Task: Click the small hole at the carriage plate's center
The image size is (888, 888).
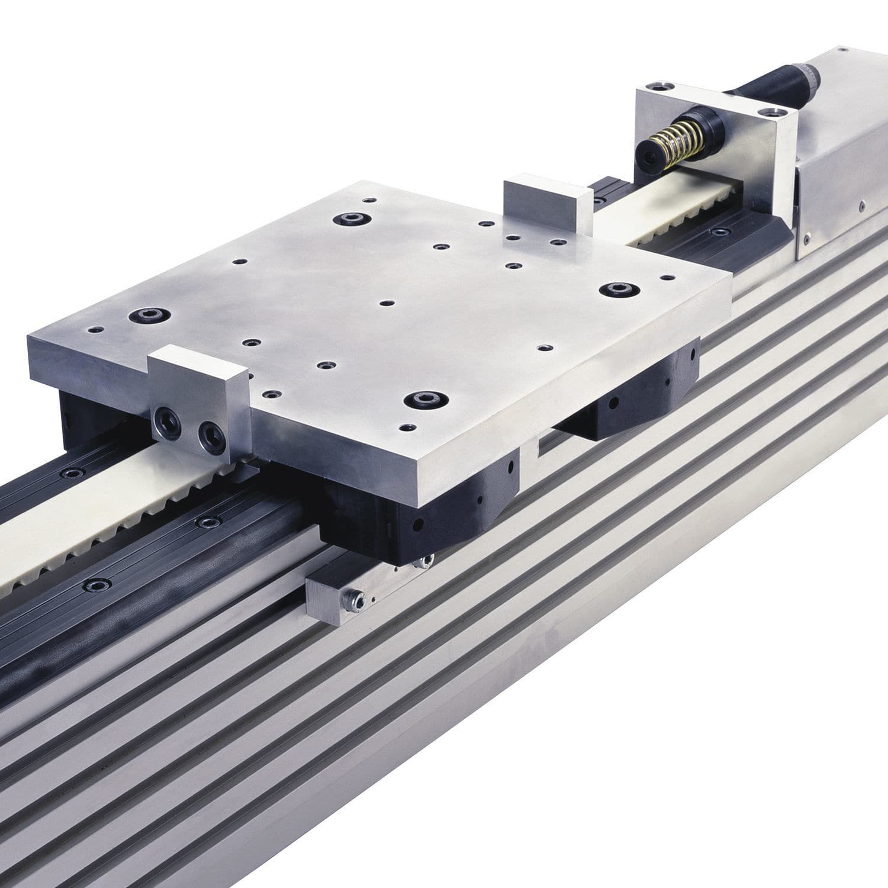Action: pyautogui.click(x=387, y=303)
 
